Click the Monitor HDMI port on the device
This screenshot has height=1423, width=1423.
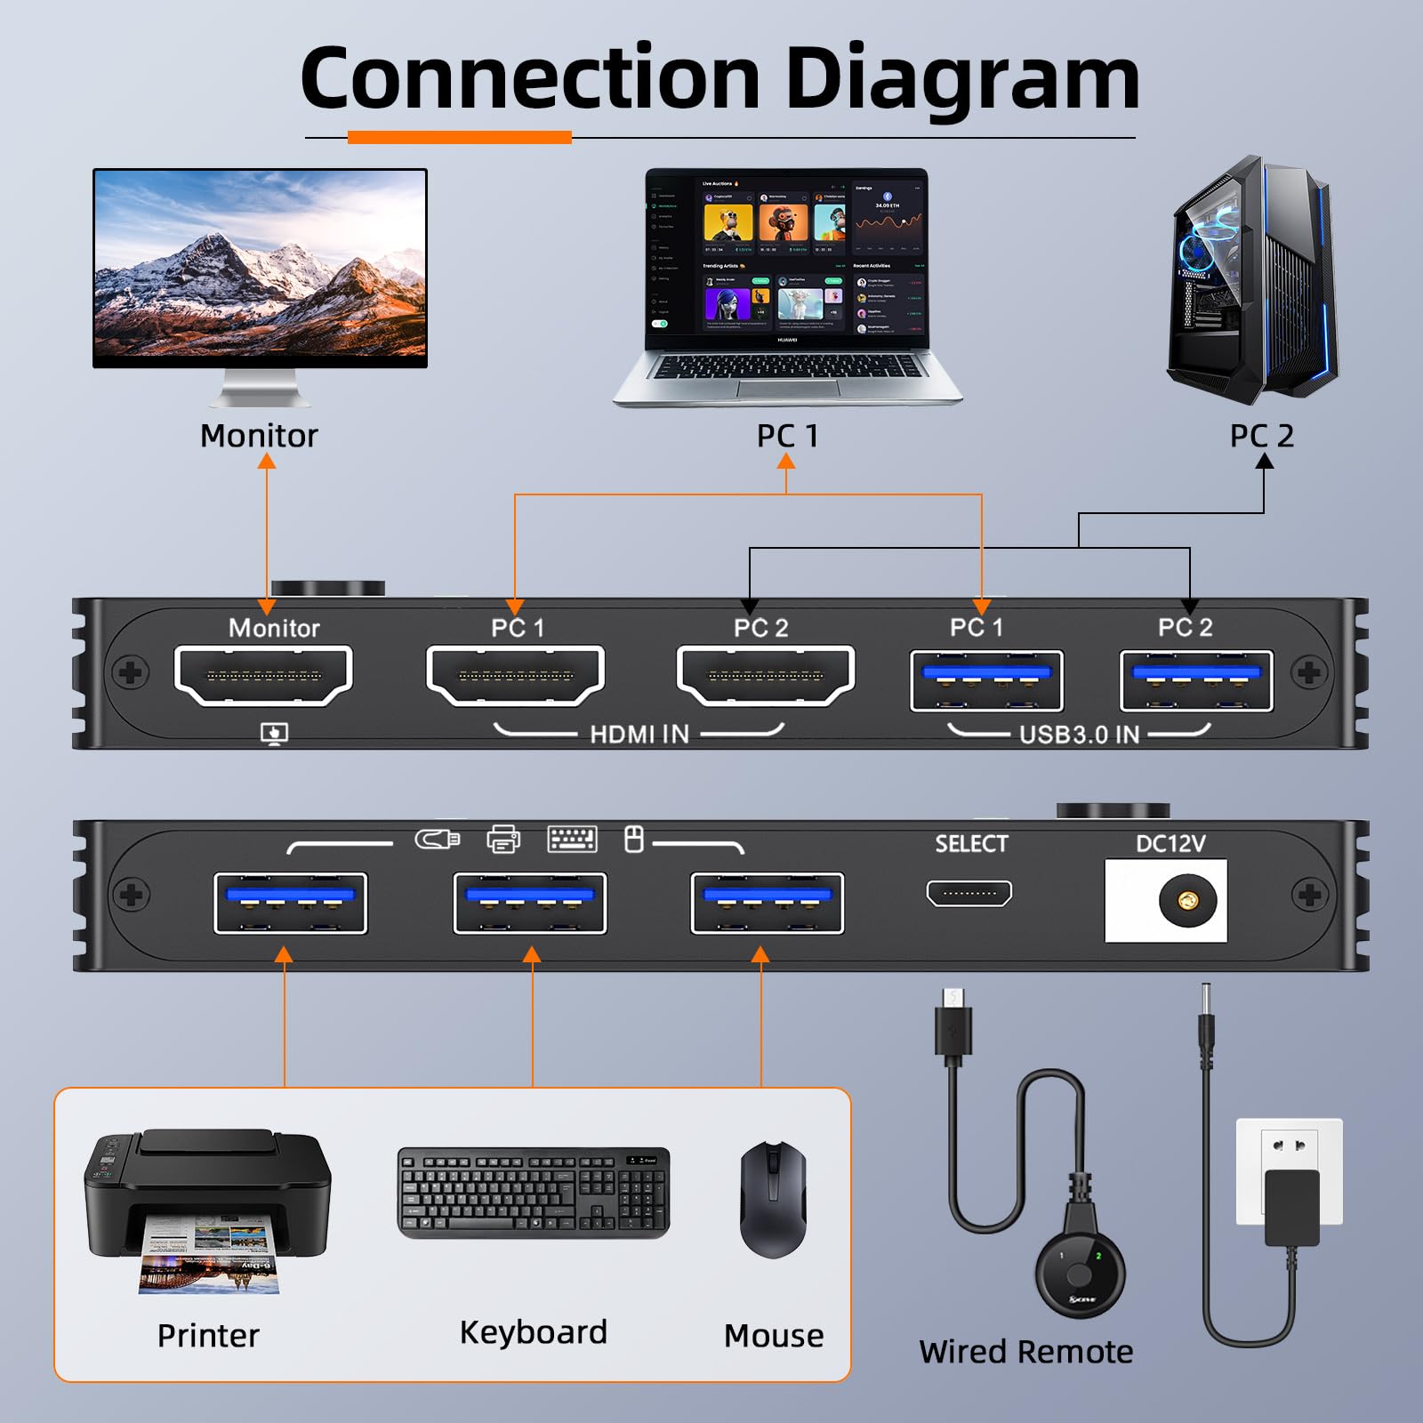264,676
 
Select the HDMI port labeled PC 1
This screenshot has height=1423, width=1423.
516,676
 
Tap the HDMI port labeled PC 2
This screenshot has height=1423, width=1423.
766,676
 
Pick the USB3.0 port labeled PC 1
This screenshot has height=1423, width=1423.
986,680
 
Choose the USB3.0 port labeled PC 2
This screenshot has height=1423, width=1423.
1196,680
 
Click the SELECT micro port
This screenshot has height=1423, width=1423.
969,893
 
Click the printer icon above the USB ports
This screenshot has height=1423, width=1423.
503,839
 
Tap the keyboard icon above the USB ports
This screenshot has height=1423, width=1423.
572,839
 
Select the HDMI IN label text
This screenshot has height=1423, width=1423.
639,734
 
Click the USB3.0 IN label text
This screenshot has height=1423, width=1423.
1079,735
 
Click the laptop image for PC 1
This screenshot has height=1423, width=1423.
787,285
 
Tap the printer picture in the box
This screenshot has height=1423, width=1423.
206,1210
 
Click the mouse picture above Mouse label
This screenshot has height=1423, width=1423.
773,1199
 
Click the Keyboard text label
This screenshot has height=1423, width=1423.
533,1332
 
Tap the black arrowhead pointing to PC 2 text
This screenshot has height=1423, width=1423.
1264,461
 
